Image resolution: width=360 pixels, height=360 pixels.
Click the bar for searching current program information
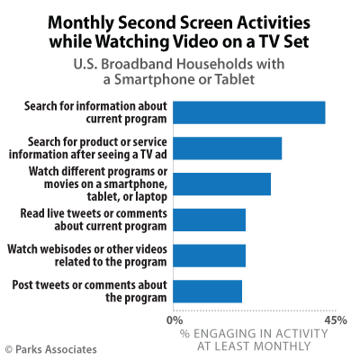tap(249, 112)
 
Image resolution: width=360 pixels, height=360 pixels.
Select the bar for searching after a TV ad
tap(228, 148)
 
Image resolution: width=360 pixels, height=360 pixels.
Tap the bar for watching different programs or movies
tap(222, 184)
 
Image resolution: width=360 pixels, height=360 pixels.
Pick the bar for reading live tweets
tap(210, 220)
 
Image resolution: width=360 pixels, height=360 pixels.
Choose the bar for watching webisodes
tap(210, 256)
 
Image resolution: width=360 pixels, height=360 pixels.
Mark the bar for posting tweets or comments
tap(208, 292)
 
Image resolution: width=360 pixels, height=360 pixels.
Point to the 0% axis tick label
tap(175, 320)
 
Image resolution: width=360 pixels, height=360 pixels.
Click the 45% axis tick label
tap(336, 320)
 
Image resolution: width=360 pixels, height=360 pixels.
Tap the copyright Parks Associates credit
tap(51, 349)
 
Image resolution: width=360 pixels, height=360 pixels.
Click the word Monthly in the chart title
tap(81, 23)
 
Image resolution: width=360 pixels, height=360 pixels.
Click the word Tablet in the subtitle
tap(235, 79)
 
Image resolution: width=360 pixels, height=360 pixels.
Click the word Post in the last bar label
tap(22, 285)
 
